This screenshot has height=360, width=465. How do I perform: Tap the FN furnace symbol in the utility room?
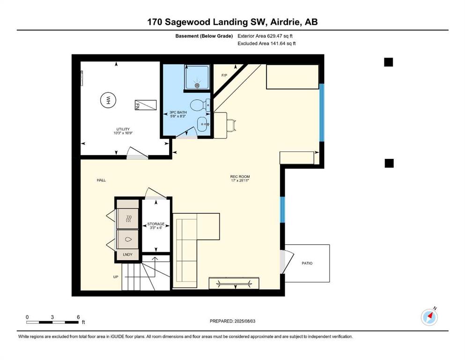(x=145, y=105)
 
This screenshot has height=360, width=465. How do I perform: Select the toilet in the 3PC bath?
(x=200, y=105)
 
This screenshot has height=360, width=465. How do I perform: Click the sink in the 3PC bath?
(x=203, y=124)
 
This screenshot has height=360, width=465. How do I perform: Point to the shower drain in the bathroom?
(x=197, y=85)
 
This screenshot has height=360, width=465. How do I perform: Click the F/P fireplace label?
(x=224, y=75)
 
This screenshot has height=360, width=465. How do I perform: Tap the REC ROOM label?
(x=240, y=177)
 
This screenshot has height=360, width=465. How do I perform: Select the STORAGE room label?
(x=156, y=224)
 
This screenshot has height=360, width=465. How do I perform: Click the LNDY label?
(x=127, y=255)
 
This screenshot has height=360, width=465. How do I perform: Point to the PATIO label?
(x=307, y=263)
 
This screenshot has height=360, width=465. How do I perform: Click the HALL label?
(x=101, y=180)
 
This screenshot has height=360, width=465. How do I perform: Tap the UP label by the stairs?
(x=116, y=277)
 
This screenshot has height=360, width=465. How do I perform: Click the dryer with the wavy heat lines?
(x=128, y=219)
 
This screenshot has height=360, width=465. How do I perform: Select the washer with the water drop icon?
(x=128, y=239)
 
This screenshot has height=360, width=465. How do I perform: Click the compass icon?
(x=429, y=317)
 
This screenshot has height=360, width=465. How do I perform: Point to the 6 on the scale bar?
(x=78, y=317)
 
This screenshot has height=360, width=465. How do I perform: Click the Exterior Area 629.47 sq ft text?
(x=265, y=36)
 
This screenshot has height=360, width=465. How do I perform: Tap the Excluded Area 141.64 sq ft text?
(x=266, y=43)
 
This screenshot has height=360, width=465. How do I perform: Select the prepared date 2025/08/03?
(x=244, y=321)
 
